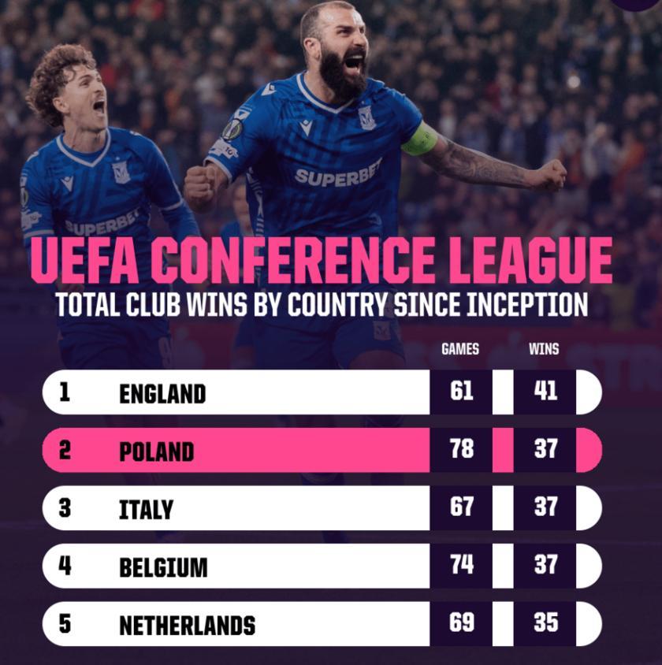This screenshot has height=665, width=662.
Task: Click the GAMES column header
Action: pyautogui.click(x=460, y=349)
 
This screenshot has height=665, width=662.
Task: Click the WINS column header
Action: pyautogui.click(x=544, y=349)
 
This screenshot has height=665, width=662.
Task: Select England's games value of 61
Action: pyautogui.click(x=462, y=392)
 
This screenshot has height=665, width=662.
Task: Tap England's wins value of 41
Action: pyautogui.click(x=545, y=392)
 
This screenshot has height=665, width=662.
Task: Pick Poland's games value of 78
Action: pyautogui.click(x=462, y=450)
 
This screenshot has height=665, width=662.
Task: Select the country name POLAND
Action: pyautogui.click(x=156, y=451)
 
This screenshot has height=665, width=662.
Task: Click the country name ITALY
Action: pyautogui.click(x=146, y=510)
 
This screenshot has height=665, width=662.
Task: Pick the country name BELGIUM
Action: pyautogui.click(x=163, y=567)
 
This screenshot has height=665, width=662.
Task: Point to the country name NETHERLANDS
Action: pyautogui.click(x=187, y=626)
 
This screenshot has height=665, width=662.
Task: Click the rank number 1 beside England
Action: pyautogui.click(x=65, y=392)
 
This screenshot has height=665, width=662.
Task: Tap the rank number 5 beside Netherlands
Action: pyautogui.click(x=65, y=624)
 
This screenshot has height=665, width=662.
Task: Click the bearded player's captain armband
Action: pyautogui.click(x=419, y=139)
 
